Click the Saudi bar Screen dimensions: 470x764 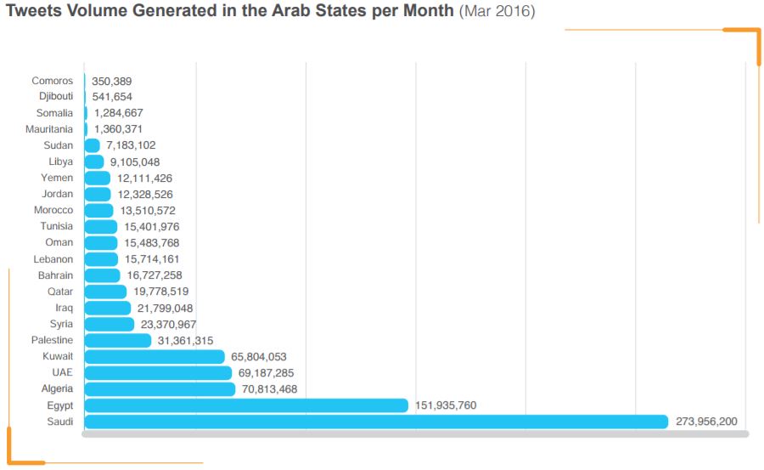[376, 422]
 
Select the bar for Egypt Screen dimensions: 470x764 [246, 405]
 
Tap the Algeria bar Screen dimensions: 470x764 [160, 389]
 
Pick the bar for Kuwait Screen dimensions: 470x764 [154, 357]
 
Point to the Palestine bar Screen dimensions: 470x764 [118, 340]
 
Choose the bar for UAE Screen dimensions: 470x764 [158, 373]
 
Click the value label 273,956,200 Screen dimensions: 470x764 [706, 422]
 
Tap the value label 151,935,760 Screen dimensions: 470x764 [446, 405]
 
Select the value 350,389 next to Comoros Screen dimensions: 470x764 [112, 81]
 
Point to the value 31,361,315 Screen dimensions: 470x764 [185, 340]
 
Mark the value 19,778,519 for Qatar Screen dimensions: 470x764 [161, 292]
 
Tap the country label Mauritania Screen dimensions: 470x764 [49, 129]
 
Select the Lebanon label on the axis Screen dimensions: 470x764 [53, 259]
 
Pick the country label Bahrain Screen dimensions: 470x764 [55, 275]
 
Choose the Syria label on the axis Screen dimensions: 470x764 [61, 324]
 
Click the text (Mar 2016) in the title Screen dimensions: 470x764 [497, 14]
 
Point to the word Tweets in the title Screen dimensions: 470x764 [32, 14]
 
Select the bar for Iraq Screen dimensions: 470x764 [108, 308]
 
